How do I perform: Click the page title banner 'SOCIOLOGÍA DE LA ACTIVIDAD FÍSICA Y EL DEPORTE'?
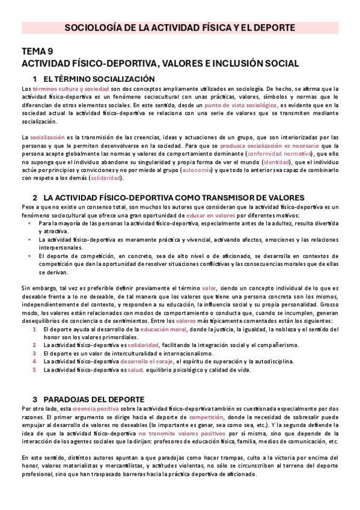tap(180, 28)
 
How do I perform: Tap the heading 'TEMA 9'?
tap(37, 52)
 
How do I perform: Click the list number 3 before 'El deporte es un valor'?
tap(35, 354)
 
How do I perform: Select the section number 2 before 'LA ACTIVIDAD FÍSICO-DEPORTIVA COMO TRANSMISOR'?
tap(35, 197)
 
